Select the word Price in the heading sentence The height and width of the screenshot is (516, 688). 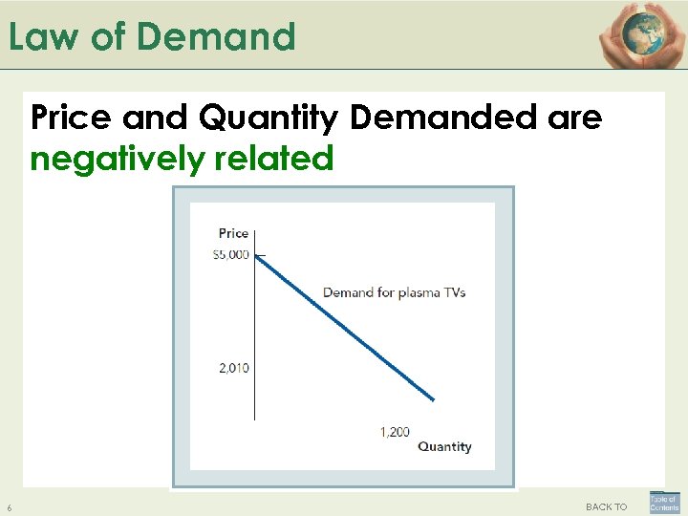(x=73, y=118)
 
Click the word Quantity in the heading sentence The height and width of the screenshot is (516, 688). (x=271, y=118)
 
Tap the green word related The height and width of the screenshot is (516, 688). (x=278, y=158)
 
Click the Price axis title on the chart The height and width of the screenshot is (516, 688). (x=233, y=232)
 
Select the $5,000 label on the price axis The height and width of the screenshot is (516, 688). (x=230, y=254)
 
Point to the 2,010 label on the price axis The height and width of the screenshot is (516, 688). (x=232, y=368)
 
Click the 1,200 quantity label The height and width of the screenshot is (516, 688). (x=395, y=432)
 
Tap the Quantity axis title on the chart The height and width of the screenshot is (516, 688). (x=444, y=446)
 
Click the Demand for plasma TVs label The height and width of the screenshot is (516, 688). (x=394, y=292)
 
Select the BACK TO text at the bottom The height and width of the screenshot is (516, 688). (x=607, y=506)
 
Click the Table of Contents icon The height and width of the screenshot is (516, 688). (x=663, y=503)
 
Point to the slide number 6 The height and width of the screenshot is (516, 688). (x=9, y=506)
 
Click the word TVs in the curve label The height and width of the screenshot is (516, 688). (x=453, y=292)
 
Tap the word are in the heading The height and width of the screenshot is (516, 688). (x=575, y=118)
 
